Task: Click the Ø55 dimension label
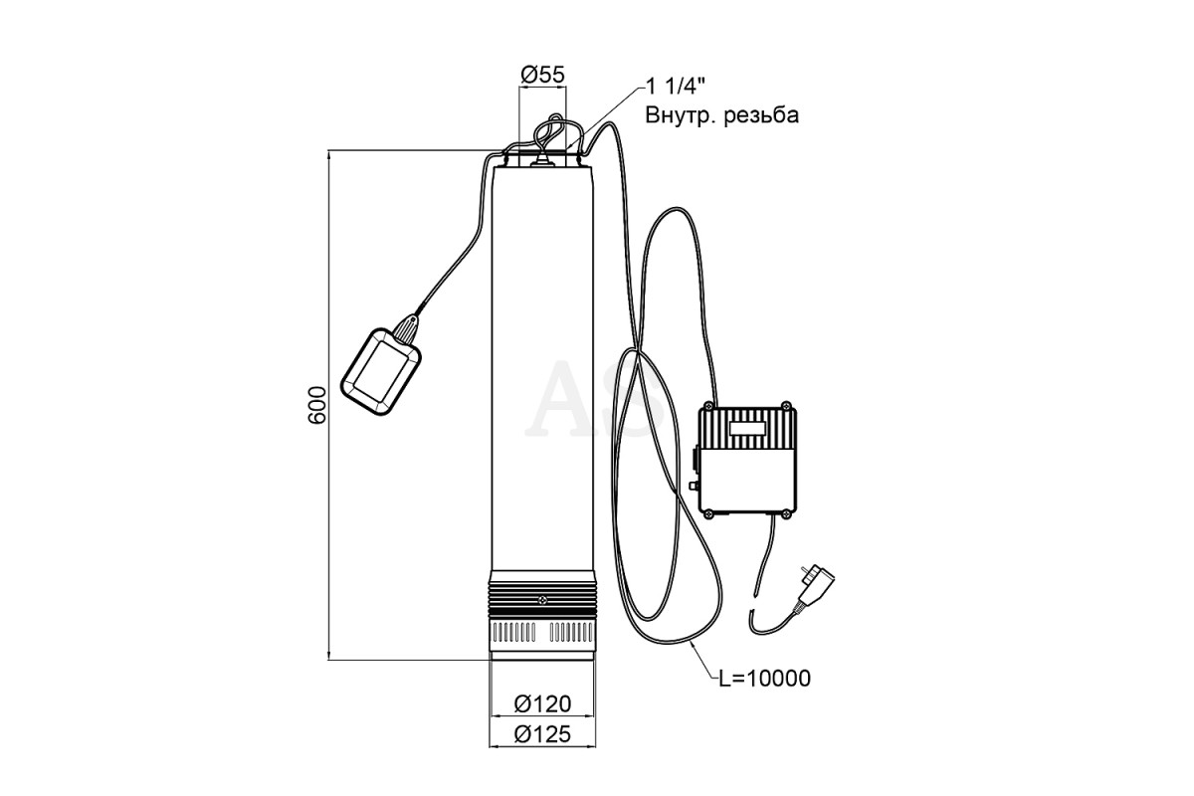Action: (x=542, y=75)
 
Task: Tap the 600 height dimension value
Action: (x=317, y=405)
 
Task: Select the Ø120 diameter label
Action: (x=542, y=704)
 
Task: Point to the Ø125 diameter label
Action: (x=542, y=734)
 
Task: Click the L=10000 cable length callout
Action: (x=764, y=679)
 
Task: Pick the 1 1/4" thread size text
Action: (x=676, y=86)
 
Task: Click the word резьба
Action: (x=761, y=115)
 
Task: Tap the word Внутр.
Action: (x=681, y=115)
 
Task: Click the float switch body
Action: (x=380, y=371)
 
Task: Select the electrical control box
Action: (x=748, y=460)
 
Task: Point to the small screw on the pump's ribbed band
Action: (x=542, y=600)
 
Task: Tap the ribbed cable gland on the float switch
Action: (x=406, y=327)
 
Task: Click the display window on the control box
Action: (x=748, y=428)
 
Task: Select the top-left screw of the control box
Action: (x=708, y=406)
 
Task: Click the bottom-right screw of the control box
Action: (x=786, y=514)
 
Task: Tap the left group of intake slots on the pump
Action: (x=513, y=635)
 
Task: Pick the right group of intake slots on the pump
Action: (x=570, y=635)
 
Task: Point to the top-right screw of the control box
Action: (x=786, y=406)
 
